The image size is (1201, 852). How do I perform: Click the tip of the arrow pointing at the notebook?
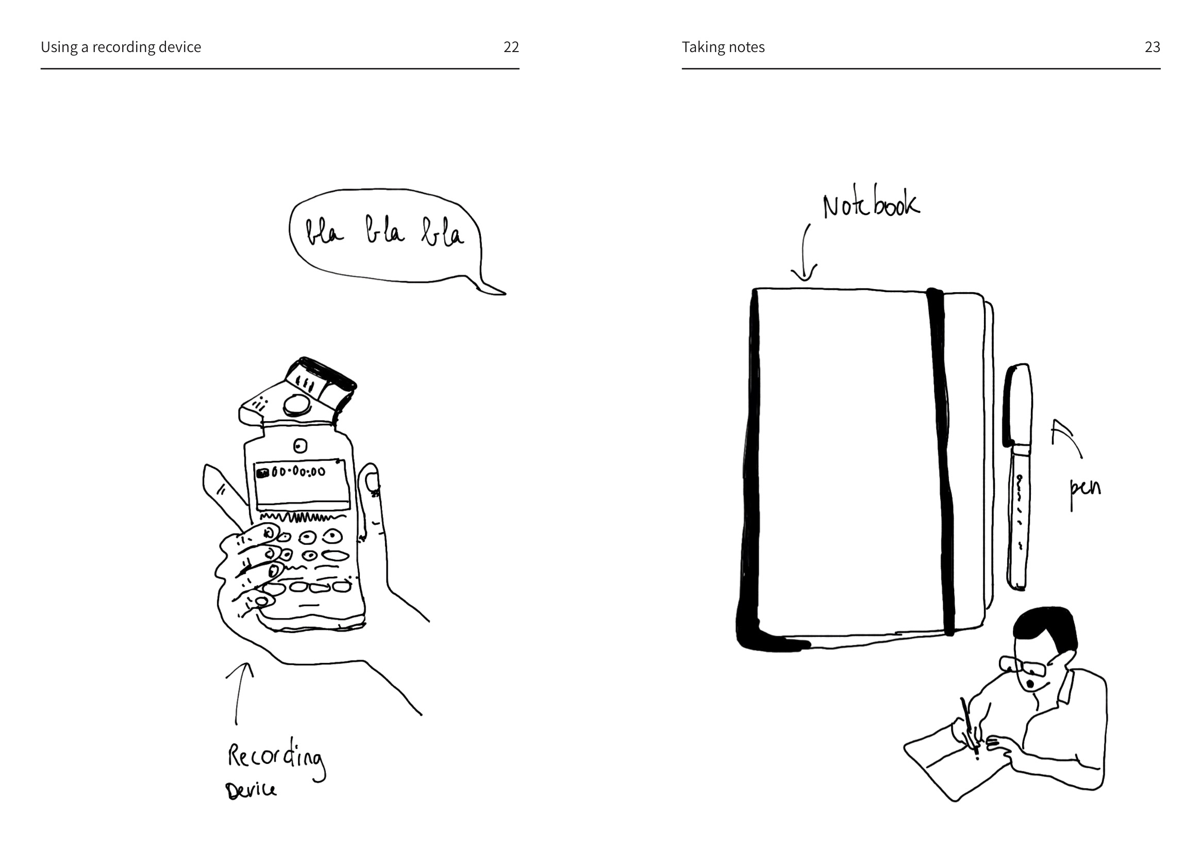[803, 281]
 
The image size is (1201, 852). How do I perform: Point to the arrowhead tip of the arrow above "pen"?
[1054, 420]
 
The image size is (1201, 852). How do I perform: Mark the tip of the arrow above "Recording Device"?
[247, 663]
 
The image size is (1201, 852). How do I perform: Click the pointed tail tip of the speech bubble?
[505, 294]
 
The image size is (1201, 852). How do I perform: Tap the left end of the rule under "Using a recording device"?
[41, 69]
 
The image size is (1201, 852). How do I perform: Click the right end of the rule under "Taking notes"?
[1160, 69]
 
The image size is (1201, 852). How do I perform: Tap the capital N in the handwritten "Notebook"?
[832, 207]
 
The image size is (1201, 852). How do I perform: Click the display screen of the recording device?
[302, 486]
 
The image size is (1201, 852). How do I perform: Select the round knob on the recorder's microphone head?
[296, 404]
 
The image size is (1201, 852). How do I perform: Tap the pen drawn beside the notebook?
[1019, 477]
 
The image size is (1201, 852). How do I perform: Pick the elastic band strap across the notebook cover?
[941, 462]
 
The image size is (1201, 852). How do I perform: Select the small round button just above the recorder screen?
[300, 446]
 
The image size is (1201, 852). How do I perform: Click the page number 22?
[511, 47]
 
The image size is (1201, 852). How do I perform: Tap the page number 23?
[1152, 47]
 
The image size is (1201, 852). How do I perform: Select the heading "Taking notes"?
[723, 47]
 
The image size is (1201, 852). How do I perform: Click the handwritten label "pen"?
[1085, 492]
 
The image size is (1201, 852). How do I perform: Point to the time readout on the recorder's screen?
[298, 472]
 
